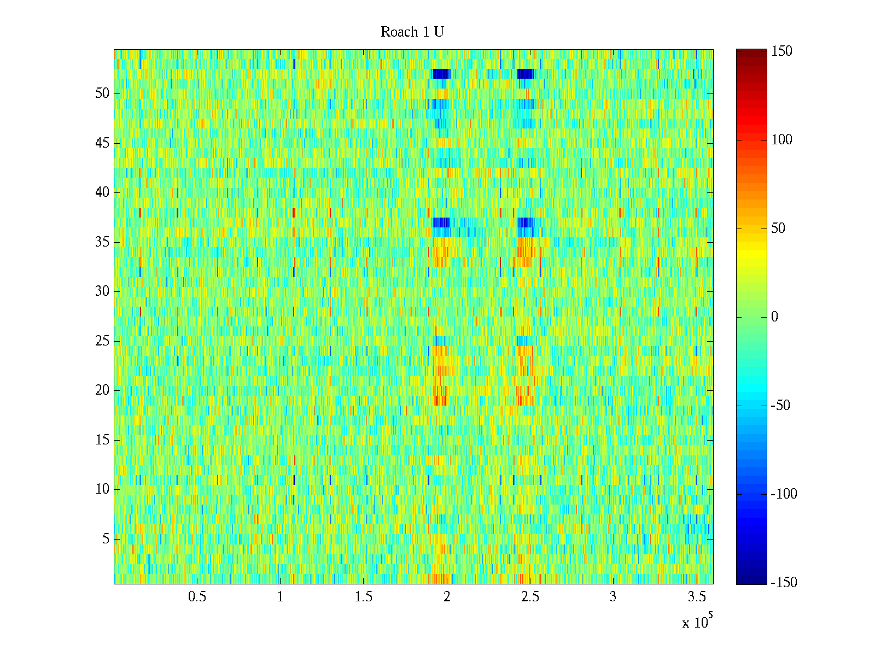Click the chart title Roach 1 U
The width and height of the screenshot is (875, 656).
[412, 32]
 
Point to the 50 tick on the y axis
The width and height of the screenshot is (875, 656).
[102, 93]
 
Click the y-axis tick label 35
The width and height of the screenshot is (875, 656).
[102, 242]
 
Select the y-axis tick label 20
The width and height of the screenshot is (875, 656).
[102, 390]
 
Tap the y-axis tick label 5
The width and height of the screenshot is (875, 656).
[106, 539]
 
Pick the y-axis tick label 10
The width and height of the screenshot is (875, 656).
[102, 489]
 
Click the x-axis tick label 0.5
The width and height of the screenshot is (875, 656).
[197, 597]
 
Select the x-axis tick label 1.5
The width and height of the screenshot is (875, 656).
[364, 597]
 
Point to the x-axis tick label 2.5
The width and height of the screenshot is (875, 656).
[530, 597]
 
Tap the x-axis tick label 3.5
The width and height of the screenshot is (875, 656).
[696, 597]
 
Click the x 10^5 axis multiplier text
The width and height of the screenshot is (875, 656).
[697, 622]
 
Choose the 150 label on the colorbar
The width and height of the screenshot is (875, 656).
[781, 51]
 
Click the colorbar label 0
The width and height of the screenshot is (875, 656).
[774, 317]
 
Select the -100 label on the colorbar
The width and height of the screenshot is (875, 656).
[784, 494]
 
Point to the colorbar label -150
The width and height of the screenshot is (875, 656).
[784, 583]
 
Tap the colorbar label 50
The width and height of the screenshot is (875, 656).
[778, 229]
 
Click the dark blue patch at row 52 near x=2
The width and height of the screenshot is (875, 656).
[441, 74]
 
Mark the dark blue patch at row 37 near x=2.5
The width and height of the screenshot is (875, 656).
[526, 222]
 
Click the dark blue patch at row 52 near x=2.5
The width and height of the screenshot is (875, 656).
[526, 74]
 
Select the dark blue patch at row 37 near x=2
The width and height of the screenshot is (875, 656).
[441, 222]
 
